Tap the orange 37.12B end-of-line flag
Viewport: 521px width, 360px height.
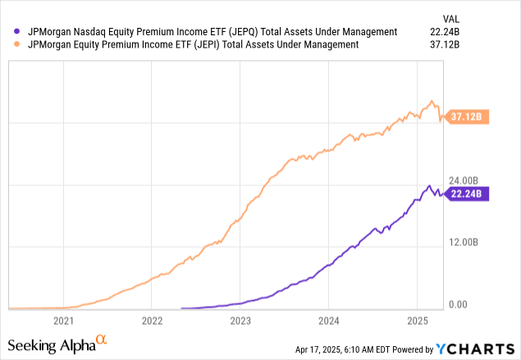click(468, 118)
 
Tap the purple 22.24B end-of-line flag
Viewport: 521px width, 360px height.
click(468, 194)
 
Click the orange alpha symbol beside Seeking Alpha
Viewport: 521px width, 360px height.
click(102, 339)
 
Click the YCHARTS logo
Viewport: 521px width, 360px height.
click(479, 348)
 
